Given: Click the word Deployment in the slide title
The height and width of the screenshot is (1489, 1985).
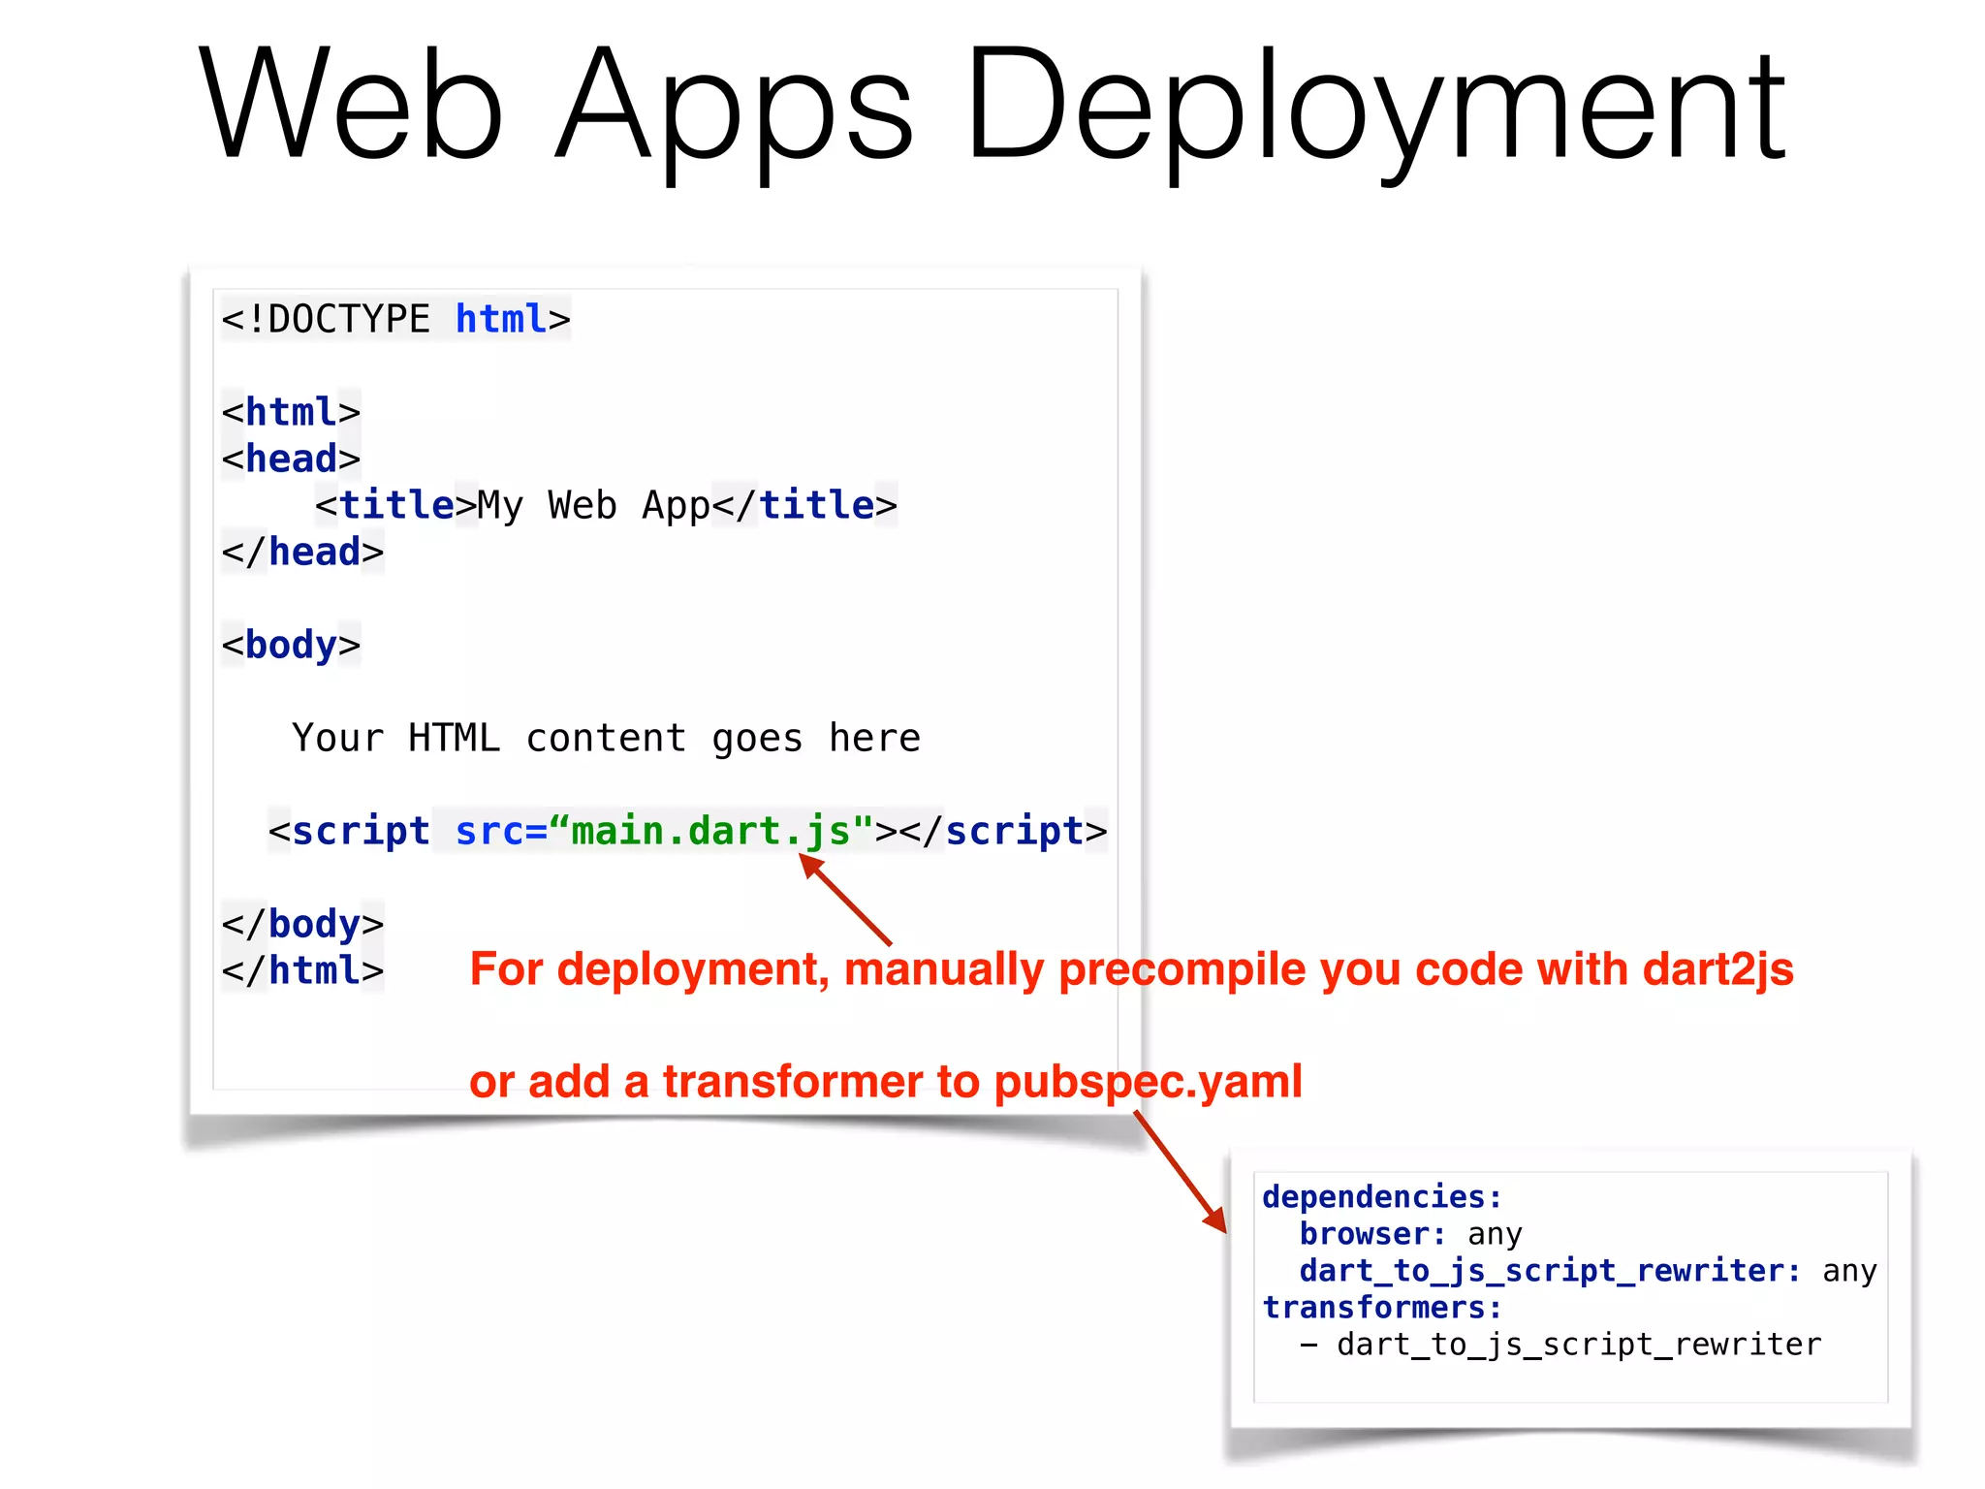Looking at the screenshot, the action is tap(1376, 107).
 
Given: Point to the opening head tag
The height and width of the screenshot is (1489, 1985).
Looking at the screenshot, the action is tap(291, 459).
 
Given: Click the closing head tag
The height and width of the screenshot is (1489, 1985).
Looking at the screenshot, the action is tap(302, 552).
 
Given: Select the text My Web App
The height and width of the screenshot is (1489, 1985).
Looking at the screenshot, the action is tap(594, 505).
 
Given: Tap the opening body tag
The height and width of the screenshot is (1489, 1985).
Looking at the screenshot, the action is tap(291, 645).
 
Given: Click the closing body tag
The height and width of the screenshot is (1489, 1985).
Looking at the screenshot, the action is tap(302, 924).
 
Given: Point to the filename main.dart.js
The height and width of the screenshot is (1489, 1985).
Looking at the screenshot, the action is tap(710, 831).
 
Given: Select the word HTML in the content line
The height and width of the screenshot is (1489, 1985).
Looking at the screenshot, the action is tap(454, 738).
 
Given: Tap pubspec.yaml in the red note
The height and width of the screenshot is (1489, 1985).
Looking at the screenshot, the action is tap(1148, 1082).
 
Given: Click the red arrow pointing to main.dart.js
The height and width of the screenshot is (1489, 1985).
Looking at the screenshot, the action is tap(845, 899).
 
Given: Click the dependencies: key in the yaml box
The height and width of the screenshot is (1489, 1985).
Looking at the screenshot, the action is tap(1381, 1197).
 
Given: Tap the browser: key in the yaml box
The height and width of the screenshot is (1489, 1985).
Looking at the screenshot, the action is tap(1372, 1234).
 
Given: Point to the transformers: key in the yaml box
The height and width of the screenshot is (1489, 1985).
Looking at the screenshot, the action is tap(1381, 1308).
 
